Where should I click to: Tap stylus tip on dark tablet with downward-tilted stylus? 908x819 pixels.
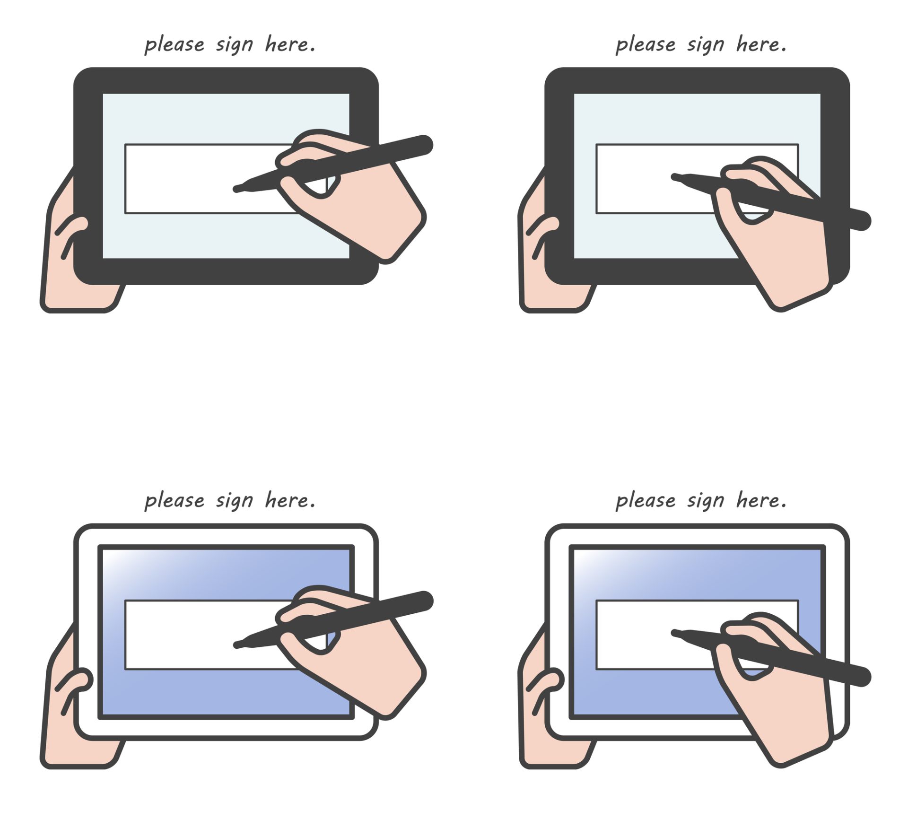pyautogui.click(x=673, y=177)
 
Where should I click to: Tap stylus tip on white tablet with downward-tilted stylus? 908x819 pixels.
pyautogui.click(x=673, y=633)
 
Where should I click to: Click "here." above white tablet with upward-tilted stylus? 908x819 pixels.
pyautogui.click(x=290, y=500)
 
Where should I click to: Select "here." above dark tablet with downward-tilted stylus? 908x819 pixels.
pyautogui.click(x=761, y=44)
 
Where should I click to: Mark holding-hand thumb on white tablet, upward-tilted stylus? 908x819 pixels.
pyautogui.click(x=74, y=688)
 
